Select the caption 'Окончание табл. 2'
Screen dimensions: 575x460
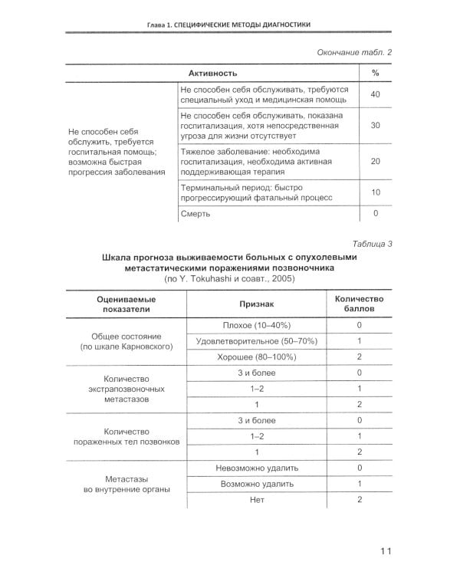click(354, 52)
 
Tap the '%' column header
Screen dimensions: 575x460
click(375, 73)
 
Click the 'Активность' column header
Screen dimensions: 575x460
click(211, 73)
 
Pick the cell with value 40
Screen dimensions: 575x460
click(375, 94)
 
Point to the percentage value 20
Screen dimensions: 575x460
click(375, 162)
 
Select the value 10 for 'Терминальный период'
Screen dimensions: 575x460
click(375, 192)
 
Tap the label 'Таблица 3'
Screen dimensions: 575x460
click(370, 244)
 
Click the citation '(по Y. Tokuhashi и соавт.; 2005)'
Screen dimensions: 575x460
click(229, 280)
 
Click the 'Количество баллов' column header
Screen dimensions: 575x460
click(359, 304)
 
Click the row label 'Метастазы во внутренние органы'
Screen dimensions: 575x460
click(127, 483)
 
